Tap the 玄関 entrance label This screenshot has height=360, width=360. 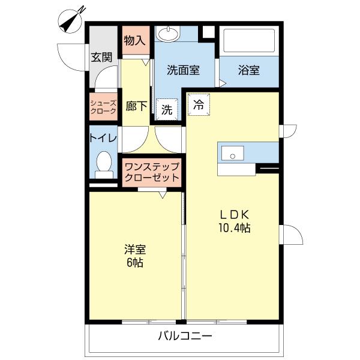[x=101, y=58]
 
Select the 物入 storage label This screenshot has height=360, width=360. [x=134, y=41]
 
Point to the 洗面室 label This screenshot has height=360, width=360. [x=182, y=70]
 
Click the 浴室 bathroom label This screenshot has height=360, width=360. [x=248, y=70]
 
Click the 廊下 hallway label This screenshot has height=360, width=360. [x=137, y=106]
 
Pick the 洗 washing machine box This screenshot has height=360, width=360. [x=167, y=110]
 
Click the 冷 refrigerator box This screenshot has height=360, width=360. [x=199, y=103]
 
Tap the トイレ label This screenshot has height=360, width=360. [x=103, y=137]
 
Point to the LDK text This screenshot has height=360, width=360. [x=233, y=214]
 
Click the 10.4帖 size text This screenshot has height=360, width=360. [x=233, y=228]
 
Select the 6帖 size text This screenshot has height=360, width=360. [x=134, y=263]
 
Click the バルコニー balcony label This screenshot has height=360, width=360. [x=185, y=336]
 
